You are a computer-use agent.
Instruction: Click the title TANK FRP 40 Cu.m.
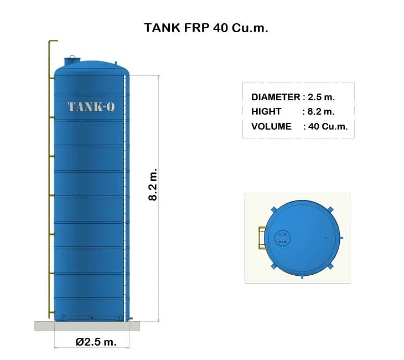point(206,28)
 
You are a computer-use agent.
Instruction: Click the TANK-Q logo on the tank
point(91,107)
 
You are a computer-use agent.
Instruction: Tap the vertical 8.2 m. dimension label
point(153,184)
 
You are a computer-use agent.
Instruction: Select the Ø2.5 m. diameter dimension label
point(96,342)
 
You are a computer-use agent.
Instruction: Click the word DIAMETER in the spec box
point(276,97)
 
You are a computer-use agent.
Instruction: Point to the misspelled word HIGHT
point(266,111)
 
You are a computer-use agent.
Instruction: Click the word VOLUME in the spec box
point(271,126)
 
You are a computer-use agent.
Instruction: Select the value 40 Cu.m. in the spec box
point(328,126)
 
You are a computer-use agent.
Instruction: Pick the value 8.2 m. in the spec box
point(321,111)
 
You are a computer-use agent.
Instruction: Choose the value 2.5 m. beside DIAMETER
point(321,97)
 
